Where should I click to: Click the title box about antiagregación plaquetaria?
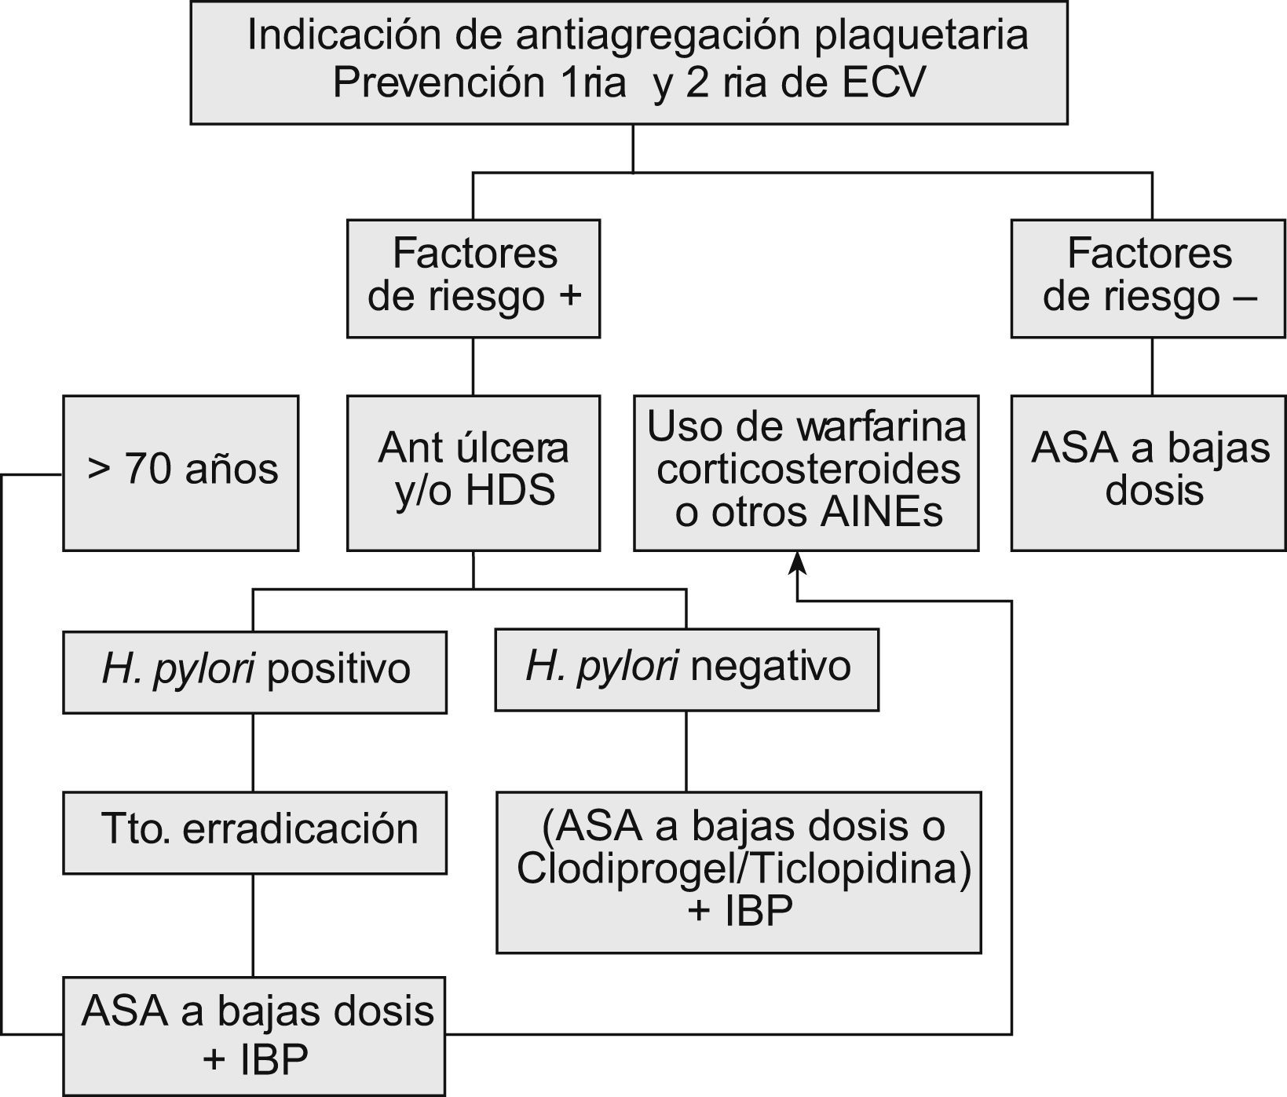click(628, 61)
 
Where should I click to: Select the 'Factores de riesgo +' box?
click(473, 278)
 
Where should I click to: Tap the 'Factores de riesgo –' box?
click(1147, 278)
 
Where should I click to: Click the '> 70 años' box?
click(181, 473)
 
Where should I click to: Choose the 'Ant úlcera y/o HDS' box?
click(473, 473)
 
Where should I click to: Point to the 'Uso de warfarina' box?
click(806, 473)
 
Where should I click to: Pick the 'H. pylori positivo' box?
click(254, 672)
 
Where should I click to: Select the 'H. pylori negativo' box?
click(686, 669)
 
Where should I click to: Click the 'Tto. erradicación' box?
click(254, 832)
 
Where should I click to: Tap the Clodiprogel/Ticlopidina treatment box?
click(739, 872)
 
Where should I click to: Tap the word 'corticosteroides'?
click(808, 470)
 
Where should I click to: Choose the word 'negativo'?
click(770, 667)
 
